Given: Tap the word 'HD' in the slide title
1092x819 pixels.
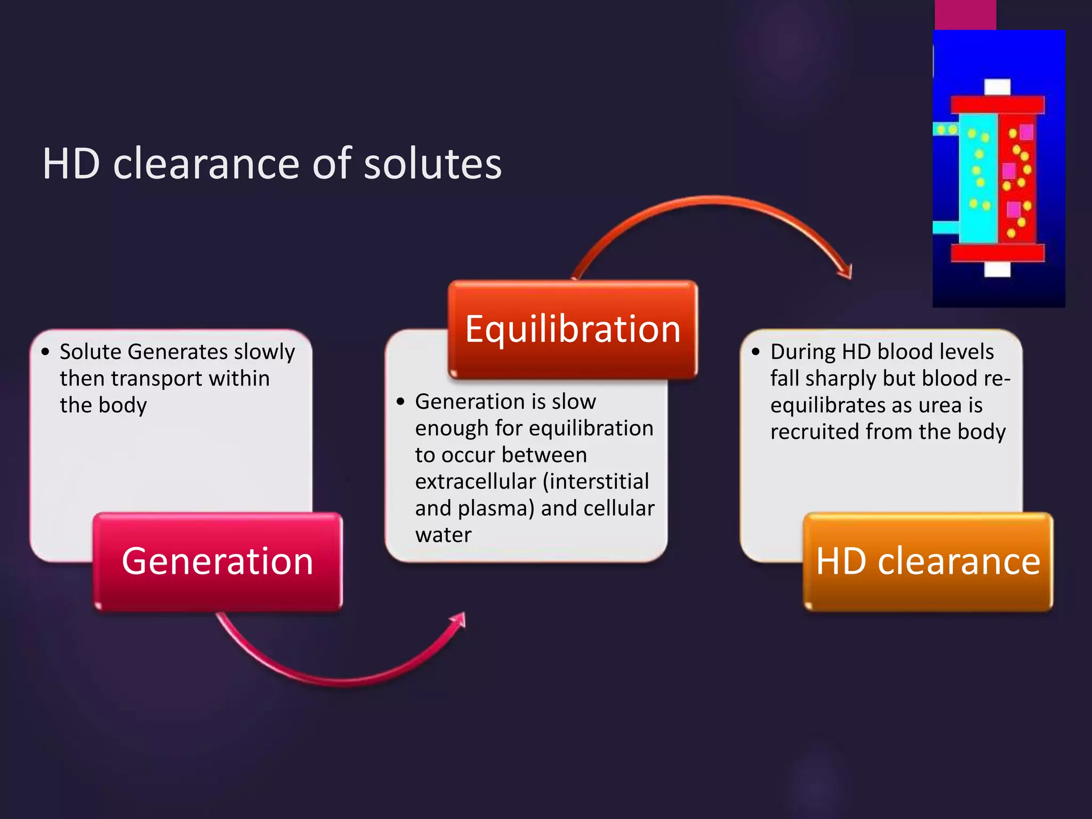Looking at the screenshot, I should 71,164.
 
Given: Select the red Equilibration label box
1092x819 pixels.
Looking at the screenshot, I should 573,329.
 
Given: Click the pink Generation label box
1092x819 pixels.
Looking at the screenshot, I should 218,561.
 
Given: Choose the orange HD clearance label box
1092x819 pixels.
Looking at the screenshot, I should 928,561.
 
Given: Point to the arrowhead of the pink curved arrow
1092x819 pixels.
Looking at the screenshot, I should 460,620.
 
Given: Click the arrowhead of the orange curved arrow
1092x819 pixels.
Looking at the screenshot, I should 847,272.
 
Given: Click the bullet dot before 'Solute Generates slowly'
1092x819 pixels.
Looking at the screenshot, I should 45,352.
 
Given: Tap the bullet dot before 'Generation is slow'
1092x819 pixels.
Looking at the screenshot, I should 401,402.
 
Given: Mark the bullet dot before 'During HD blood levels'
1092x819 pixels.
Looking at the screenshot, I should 756,352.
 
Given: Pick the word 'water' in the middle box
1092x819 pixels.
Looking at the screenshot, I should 443,535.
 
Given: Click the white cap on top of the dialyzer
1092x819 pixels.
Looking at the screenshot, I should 997,87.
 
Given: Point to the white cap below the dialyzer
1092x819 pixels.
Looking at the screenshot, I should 997,269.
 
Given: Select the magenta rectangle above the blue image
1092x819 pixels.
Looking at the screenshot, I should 965,14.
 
